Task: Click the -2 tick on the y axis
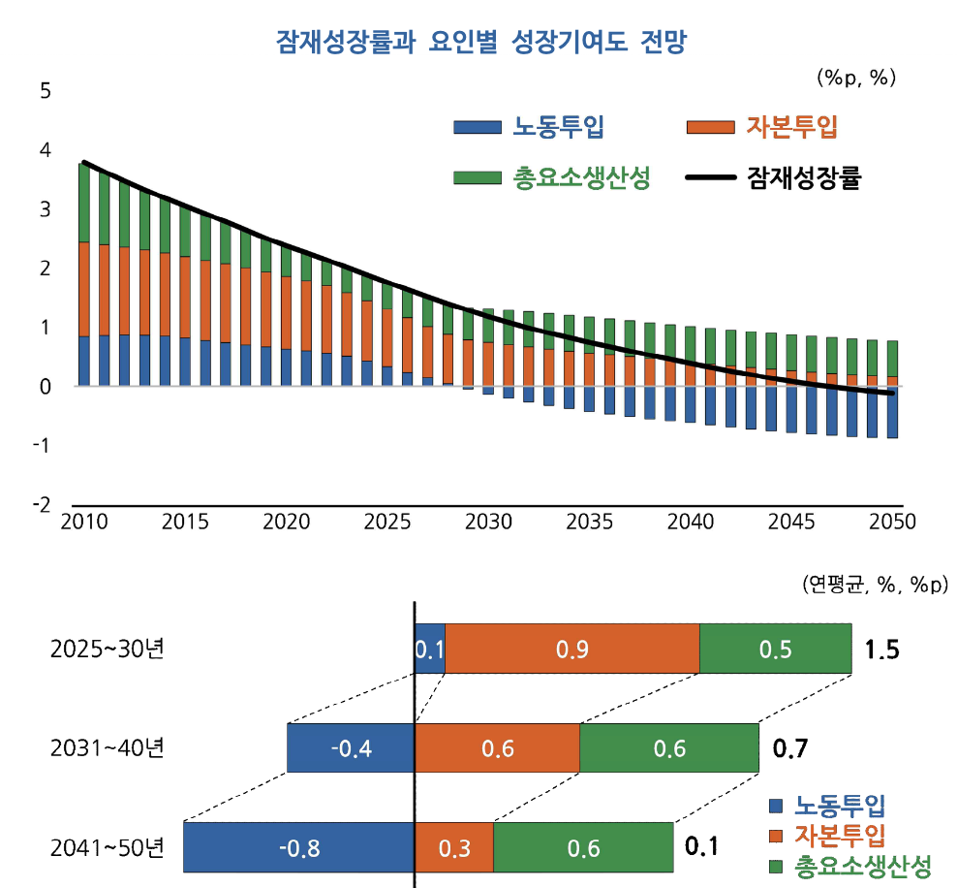[42, 505]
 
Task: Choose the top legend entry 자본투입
[790, 127]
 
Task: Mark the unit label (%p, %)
[856, 78]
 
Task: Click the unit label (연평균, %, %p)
[876, 585]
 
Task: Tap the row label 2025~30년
[108, 649]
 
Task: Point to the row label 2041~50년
[108, 847]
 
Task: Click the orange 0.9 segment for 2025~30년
[572, 649]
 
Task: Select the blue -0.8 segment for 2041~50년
[298, 848]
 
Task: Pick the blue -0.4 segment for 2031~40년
[351, 748]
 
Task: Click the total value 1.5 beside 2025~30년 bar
[882, 649]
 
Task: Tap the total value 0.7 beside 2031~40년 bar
[789, 748]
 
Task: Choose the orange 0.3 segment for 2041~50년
[454, 848]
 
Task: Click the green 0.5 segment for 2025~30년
[776, 649]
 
